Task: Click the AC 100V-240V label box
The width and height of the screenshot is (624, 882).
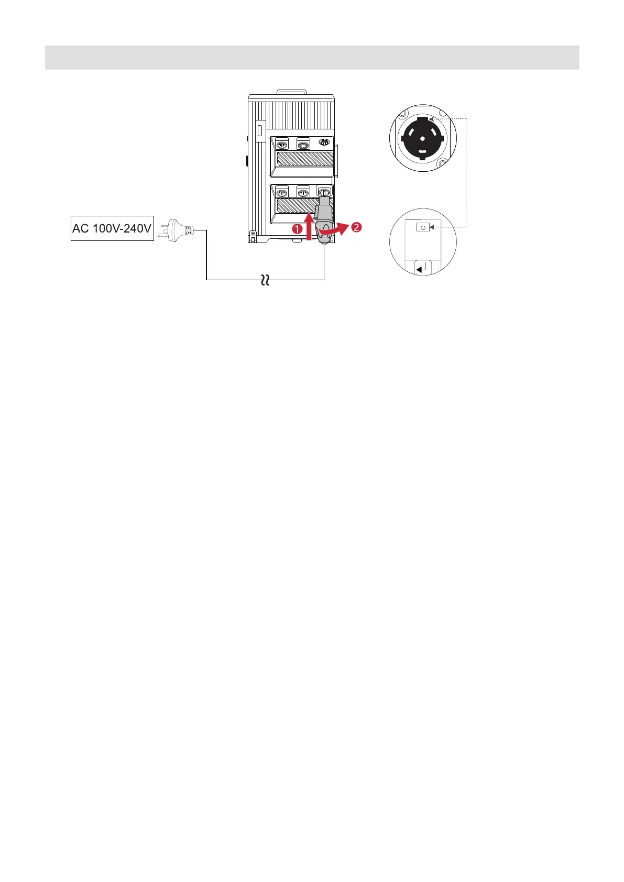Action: [x=112, y=228]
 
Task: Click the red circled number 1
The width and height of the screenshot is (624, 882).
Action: [x=297, y=229]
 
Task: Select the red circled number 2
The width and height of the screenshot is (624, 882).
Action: [x=356, y=227]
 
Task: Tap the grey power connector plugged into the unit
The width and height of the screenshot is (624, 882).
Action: [x=323, y=220]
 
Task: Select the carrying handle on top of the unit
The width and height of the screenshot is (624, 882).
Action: [x=292, y=92]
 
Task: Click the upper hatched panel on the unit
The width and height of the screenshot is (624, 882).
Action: [x=304, y=159]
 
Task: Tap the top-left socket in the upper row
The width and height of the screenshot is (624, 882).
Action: [x=282, y=144]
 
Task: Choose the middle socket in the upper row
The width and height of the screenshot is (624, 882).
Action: [x=302, y=144]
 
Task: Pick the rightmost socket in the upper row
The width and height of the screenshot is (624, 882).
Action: [x=324, y=143]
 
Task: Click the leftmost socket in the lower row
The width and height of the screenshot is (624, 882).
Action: [x=282, y=192]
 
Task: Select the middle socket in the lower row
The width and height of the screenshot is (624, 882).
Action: [x=302, y=192]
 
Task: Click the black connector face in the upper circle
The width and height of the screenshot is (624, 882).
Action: [x=422, y=138]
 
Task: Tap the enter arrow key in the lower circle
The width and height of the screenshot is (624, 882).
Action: [x=422, y=268]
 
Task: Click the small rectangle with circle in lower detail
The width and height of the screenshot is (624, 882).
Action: [x=423, y=227]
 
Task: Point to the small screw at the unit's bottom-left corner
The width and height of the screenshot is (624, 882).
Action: [x=253, y=234]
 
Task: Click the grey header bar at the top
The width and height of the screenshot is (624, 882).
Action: [x=312, y=57]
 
